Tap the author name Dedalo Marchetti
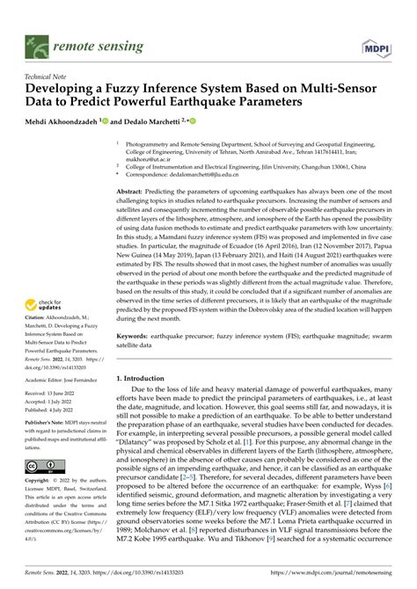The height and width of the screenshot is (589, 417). point(150,122)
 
